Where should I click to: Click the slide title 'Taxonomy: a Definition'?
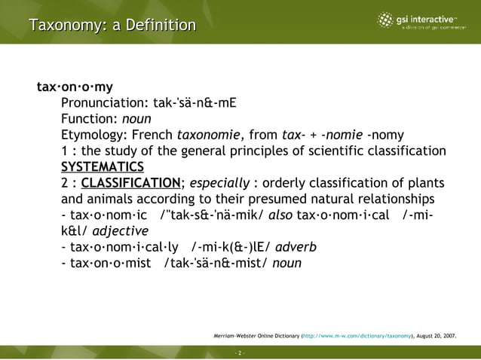click(112, 26)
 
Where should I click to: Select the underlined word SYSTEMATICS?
click(102, 167)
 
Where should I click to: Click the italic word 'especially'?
click(219, 183)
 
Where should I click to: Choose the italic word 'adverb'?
click(296, 246)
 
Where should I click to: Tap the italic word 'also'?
click(279, 215)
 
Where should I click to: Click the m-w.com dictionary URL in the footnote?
click(357, 337)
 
